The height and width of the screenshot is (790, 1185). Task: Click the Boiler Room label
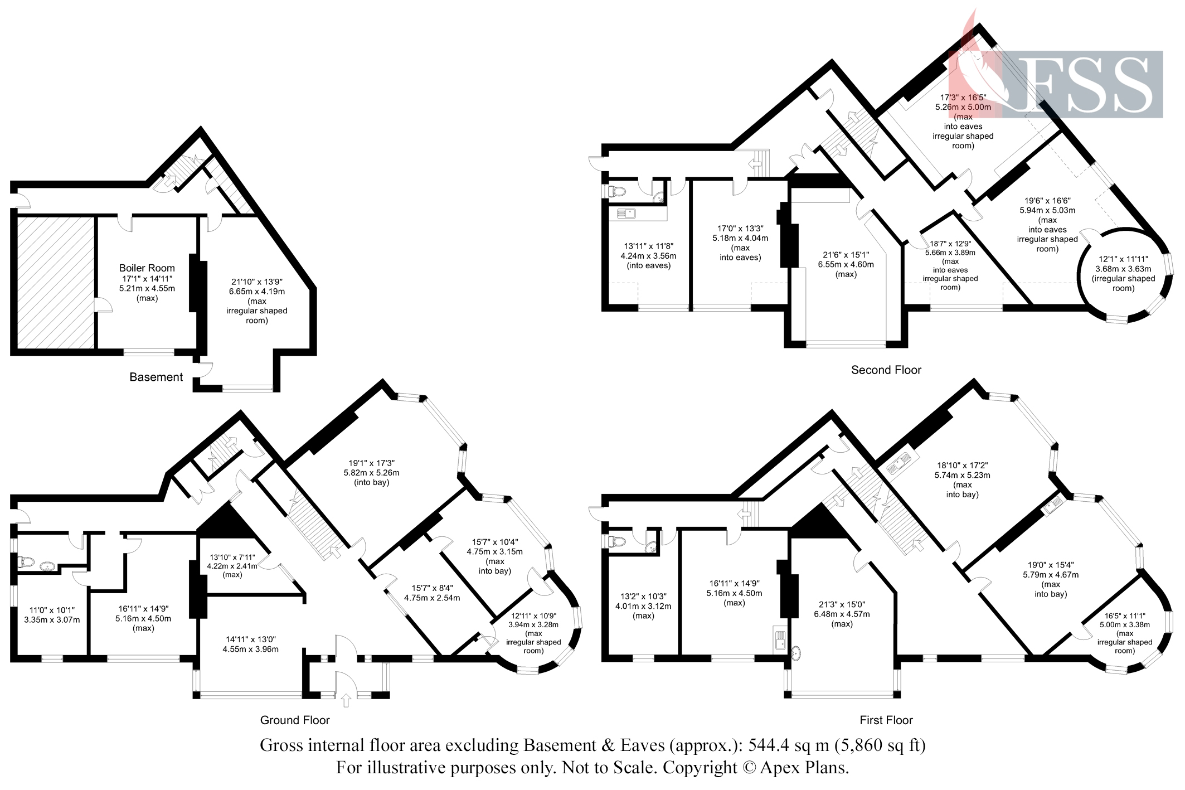pyautogui.click(x=147, y=268)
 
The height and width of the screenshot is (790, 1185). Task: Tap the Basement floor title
pyautogui.click(x=156, y=377)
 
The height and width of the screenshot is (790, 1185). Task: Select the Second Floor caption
pyautogui.click(x=886, y=370)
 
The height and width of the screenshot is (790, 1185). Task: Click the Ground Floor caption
pyautogui.click(x=295, y=720)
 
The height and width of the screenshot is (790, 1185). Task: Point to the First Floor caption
pyautogui.click(x=886, y=720)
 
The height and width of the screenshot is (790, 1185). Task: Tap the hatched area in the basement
pyautogui.click(x=55, y=282)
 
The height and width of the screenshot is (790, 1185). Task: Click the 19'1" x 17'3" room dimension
pyautogui.click(x=372, y=463)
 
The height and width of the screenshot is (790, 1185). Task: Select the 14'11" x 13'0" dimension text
pyautogui.click(x=251, y=639)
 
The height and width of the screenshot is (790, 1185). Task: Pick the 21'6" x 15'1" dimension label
pyautogui.click(x=846, y=255)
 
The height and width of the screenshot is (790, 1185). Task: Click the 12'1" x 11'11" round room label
pyautogui.click(x=1123, y=259)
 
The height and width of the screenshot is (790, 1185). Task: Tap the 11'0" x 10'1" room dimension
pyautogui.click(x=52, y=610)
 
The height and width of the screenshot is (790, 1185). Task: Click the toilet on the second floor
pyautogui.click(x=617, y=191)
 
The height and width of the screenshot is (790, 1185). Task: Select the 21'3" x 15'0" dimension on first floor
pyautogui.click(x=842, y=604)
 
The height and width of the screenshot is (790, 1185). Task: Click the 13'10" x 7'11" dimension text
pyautogui.click(x=232, y=557)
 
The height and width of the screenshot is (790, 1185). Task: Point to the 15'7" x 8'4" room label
pyautogui.click(x=432, y=588)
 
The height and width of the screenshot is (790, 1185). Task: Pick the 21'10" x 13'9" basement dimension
pyautogui.click(x=257, y=282)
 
